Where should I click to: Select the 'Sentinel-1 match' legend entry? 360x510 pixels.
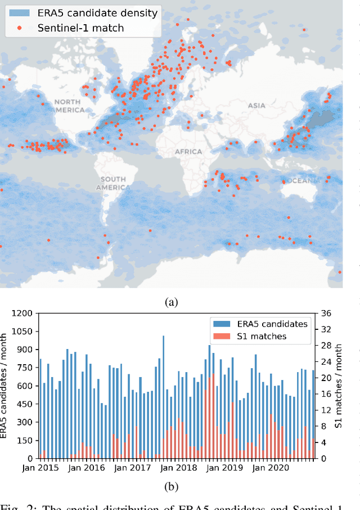click(81, 27)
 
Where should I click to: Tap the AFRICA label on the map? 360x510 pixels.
click(188, 151)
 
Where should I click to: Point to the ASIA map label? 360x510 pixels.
click(256, 105)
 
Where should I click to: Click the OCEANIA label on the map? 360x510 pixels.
click(304, 181)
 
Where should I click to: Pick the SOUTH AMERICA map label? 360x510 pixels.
click(112, 183)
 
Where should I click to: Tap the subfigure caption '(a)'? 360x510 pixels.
click(171, 302)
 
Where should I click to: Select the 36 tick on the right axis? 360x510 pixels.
click(326, 314)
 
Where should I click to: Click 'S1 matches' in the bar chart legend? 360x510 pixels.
click(260, 336)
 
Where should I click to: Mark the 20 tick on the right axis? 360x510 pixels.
click(326, 378)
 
